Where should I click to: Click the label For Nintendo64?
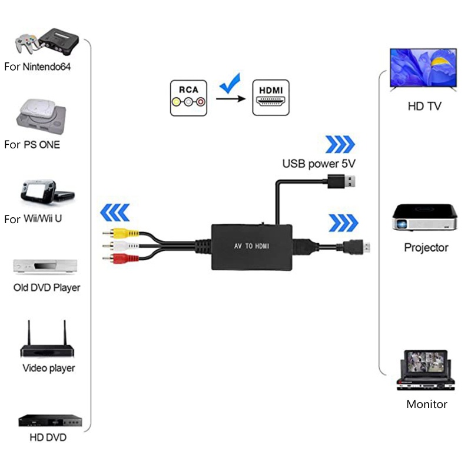tap(37, 67)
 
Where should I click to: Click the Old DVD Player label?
tap(47, 288)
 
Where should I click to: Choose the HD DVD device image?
tap(48, 420)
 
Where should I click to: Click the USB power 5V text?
tap(319, 164)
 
